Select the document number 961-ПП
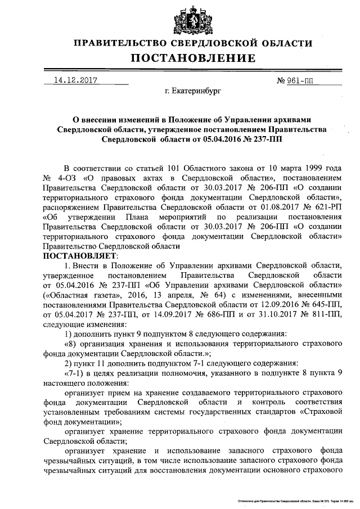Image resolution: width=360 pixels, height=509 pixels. (x=299, y=80)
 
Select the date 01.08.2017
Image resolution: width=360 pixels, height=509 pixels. (x=258, y=207)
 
